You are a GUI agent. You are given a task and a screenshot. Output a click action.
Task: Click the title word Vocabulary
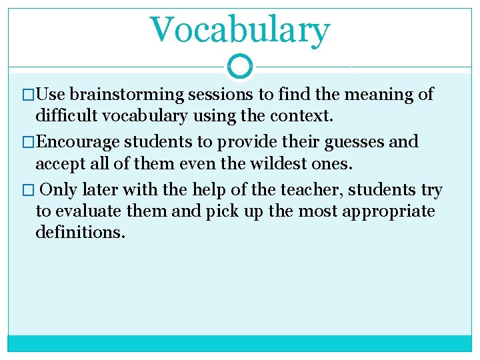coord(239,30)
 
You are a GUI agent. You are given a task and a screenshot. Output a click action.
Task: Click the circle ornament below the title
coord(239,66)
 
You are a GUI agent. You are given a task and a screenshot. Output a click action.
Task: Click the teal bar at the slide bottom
coord(239,343)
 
